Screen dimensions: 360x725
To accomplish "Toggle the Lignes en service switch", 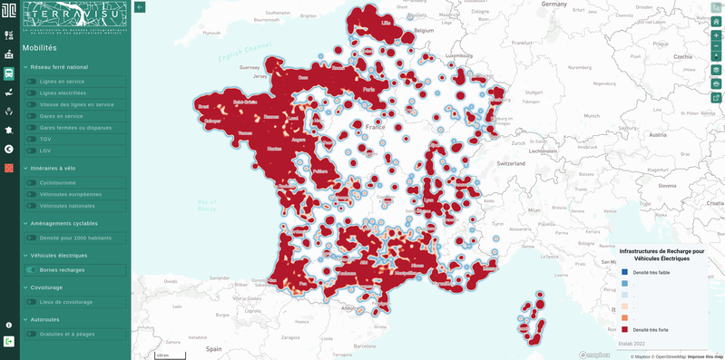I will click(32, 82).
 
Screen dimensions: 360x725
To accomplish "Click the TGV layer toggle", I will click(32, 139).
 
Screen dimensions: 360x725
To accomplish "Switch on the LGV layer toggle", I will click(32, 151).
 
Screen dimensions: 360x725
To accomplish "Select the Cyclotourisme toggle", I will click(32, 182).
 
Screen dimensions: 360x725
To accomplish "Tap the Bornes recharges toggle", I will click(32, 269).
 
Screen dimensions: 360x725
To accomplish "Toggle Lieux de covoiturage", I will click(32, 302).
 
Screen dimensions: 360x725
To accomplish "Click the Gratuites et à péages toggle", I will click(32, 334).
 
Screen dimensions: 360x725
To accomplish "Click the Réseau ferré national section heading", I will click(59, 67).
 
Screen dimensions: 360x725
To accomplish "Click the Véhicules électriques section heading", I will click(59, 256).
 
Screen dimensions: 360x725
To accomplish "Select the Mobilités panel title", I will click(40, 48).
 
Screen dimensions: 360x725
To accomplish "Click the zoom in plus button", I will click(716, 35).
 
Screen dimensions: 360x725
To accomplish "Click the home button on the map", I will click(716, 21).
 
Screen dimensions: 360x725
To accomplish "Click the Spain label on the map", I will click(213, 348).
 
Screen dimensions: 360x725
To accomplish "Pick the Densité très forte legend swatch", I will click(624, 329).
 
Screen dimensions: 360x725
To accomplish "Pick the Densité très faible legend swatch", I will click(624, 272).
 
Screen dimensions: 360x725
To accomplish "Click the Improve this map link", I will click(705, 356).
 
